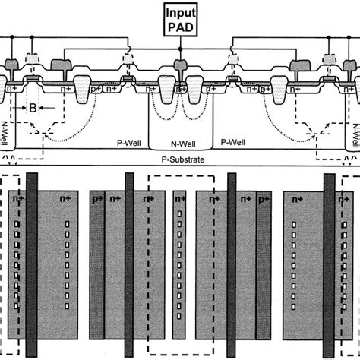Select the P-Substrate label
click(x=179, y=161)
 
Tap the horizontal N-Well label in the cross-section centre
click(x=179, y=141)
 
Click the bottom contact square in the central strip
click(x=179, y=309)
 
